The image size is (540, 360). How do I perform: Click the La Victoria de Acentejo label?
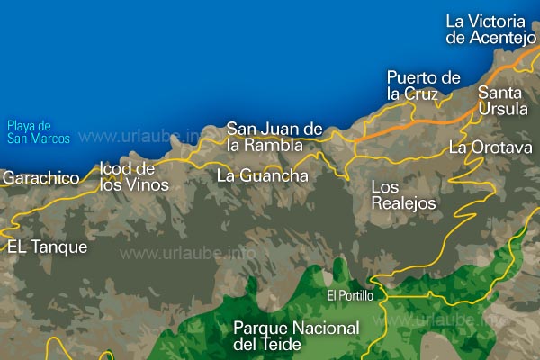491,29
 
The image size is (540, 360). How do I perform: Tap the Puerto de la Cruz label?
423,85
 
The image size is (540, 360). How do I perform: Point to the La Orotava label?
490,147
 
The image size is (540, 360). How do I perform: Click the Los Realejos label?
403,194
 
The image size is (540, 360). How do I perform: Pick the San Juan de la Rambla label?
274,136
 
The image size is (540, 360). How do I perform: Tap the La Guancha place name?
262,176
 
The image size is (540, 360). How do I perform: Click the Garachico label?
40,178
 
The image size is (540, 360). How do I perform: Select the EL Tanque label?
47,247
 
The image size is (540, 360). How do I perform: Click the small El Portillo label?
349,295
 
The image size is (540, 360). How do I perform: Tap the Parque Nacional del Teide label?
295,335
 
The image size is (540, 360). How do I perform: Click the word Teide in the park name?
278,344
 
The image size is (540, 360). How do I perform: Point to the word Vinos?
148,185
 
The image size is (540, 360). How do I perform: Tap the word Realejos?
403,203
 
